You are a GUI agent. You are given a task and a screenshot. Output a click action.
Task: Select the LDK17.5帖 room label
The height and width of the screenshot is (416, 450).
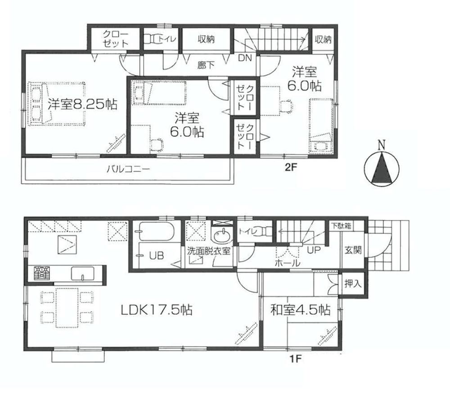click(x=157, y=310)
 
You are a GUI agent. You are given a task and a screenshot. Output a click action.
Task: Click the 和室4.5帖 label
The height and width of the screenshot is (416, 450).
click(x=300, y=310)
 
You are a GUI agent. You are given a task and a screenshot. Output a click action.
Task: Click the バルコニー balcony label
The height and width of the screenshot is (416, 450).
click(x=128, y=170)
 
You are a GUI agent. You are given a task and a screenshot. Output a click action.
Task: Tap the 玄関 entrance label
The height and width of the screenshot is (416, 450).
click(x=353, y=251)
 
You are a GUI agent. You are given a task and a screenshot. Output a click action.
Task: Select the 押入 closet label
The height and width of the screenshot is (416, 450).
click(x=353, y=284)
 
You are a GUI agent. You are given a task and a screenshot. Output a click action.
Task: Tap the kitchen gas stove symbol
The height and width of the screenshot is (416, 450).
click(x=41, y=273)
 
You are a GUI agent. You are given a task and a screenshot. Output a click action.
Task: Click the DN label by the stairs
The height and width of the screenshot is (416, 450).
click(x=245, y=58)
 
